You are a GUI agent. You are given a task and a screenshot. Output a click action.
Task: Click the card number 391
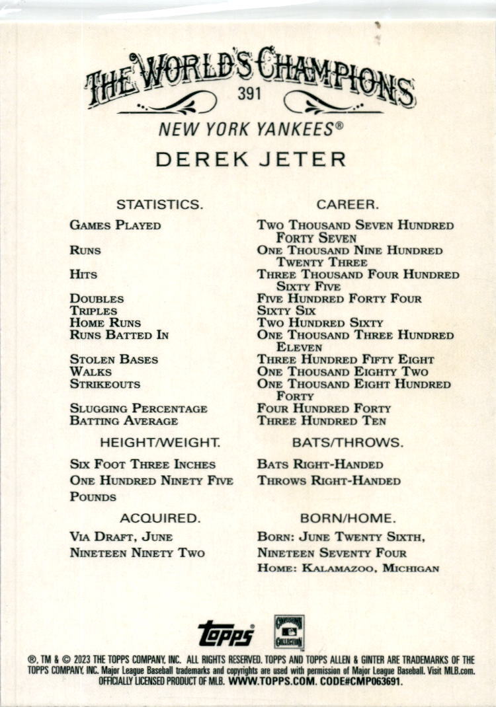[x=249, y=94]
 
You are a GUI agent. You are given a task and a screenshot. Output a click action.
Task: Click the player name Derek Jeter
[x=251, y=159]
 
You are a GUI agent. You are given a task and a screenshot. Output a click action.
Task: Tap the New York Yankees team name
[x=251, y=129]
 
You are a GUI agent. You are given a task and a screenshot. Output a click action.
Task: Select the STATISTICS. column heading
[x=159, y=205]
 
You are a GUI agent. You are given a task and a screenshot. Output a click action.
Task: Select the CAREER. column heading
[x=347, y=205]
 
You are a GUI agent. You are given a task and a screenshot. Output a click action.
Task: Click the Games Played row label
[x=115, y=225]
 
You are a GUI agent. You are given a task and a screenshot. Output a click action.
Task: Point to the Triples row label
[x=93, y=311]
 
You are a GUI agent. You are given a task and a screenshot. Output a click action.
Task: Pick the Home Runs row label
[x=105, y=323]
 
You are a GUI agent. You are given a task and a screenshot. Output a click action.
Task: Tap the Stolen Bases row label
[x=114, y=359]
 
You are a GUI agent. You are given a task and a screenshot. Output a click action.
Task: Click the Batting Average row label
[x=124, y=421]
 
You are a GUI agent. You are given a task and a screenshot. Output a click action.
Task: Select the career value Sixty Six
[x=286, y=311]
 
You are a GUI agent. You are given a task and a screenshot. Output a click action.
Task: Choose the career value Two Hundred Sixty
[x=320, y=323]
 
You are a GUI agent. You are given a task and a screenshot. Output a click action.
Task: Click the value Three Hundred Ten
[x=321, y=421]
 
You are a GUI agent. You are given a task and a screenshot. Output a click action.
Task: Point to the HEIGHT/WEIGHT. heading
[x=159, y=442]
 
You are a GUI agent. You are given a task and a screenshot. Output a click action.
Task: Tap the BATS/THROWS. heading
[x=347, y=442]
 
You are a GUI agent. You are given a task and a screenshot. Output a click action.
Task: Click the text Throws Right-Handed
[x=329, y=480]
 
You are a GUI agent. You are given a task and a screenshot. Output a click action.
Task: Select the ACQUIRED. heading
[x=159, y=518]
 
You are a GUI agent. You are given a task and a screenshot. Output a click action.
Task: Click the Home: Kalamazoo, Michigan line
[x=348, y=568]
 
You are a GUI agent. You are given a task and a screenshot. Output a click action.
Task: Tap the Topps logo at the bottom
[x=226, y=633]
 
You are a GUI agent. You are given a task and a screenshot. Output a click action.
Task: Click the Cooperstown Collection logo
[x=289, y=632]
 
